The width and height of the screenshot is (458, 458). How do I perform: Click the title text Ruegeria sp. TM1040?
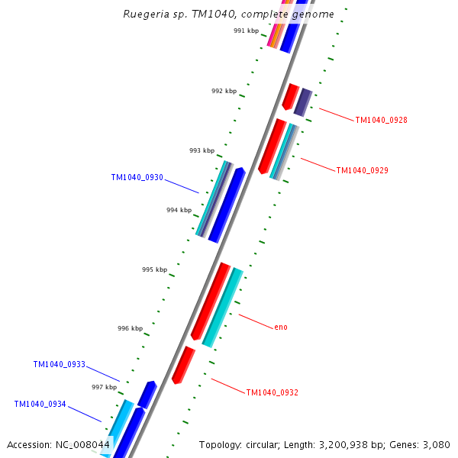pos(228,14)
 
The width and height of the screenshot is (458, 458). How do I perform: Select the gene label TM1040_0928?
pos(381,120)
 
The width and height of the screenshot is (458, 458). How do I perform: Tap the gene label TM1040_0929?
pos(362,170)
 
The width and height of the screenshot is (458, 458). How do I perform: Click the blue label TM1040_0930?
pos(137,177)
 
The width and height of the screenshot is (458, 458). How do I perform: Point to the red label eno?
pos(281,327)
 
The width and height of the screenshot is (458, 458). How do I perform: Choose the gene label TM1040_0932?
pos(272,392)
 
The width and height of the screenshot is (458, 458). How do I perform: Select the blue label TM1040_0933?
pos(59,365)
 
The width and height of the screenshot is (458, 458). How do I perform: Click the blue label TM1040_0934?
pos(40,404)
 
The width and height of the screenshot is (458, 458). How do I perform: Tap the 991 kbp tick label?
pos(246,31)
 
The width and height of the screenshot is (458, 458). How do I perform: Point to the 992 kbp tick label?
pos(224,91)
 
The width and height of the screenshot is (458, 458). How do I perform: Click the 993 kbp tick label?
pos(202,150)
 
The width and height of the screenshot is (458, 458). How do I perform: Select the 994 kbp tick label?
pos(179,210)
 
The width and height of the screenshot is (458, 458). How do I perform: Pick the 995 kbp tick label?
pos(154,269)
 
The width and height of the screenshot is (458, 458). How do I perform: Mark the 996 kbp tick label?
pos(130,328)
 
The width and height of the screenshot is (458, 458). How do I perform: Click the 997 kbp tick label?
pos(104,387)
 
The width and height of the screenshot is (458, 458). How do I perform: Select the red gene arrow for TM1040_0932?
pos(183,365)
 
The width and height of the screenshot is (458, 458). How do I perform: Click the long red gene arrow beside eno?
pos(211,300)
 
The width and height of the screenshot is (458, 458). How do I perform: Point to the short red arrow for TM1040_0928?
pos(290,96)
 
